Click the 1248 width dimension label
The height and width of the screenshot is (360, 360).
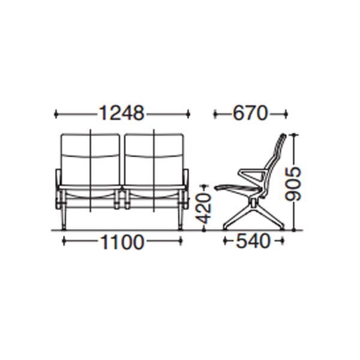coord(121,113)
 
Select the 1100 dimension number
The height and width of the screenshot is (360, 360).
coord(122,242)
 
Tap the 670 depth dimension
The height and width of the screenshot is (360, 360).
coord(250,113)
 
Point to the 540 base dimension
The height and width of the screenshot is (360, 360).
coord(253,241)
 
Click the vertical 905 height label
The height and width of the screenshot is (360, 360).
coord(293,184)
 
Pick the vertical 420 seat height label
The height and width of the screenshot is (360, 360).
coord(204,208)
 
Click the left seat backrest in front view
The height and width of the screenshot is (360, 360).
coord(90,160)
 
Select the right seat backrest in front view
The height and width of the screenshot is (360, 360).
coord(154,160)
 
